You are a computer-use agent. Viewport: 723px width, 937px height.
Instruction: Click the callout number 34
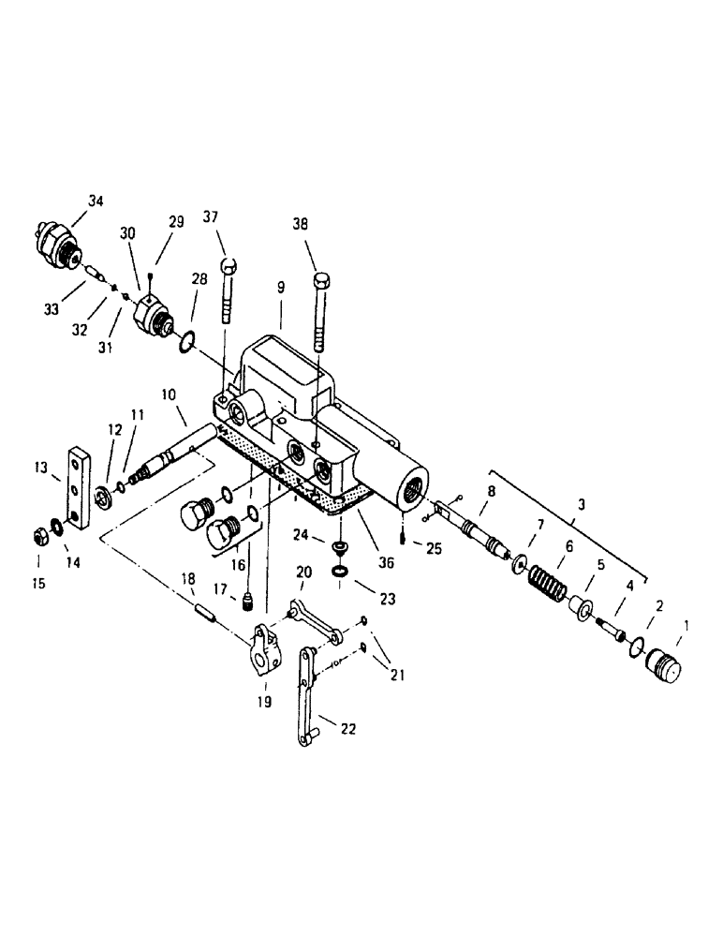[x=96, y=200]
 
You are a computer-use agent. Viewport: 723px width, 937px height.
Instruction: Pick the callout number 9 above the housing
[x=282, y=291]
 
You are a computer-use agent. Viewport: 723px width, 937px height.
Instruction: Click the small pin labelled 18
[x=208, y=615]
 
